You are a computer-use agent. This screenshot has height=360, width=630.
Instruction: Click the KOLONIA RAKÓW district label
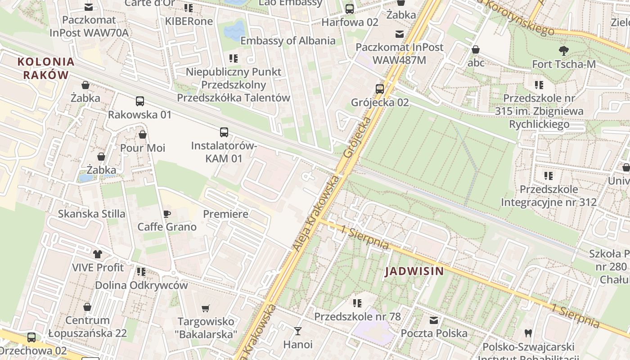pos(46,68)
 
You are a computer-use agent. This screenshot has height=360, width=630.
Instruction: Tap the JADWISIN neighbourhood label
pos(414,271)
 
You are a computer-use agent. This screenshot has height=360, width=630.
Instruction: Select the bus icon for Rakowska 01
pos(140,101)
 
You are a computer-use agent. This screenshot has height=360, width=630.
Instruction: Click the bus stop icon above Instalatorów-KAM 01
pos(224,132)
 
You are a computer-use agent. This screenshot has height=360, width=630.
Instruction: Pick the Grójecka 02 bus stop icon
pos(380,89)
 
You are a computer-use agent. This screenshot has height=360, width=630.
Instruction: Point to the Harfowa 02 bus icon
pos(350,9)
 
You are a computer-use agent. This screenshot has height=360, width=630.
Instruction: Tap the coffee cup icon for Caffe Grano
pos(167,214)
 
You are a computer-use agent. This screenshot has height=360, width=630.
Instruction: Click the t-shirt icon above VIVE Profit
pos(98,254)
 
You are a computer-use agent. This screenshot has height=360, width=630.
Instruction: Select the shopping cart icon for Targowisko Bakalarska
pos(206,308)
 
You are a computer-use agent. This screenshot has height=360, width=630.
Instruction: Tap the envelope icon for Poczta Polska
pos(434,320)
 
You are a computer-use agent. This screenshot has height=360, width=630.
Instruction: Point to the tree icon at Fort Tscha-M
pos(563,51)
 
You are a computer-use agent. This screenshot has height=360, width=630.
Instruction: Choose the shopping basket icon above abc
pos(476,49)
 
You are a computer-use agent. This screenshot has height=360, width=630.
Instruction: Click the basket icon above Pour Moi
pos(143,135)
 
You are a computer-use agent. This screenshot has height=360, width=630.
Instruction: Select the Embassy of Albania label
pos(288,40)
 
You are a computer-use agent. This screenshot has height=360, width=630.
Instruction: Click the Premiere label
pos(225,214)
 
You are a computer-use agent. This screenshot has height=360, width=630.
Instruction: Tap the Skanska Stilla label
pos(92,214)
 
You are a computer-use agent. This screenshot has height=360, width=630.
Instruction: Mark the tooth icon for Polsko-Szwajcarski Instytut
pos(528,333)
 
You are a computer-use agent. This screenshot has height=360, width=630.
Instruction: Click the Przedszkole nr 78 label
pos(357,316)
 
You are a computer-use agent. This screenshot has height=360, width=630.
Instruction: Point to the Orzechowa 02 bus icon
pos(31,337)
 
